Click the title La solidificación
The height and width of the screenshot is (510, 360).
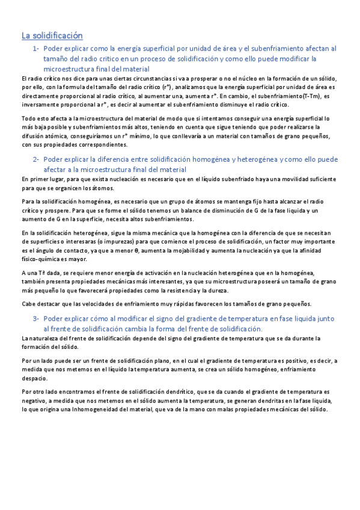pyautogui.click(x=52, y=35)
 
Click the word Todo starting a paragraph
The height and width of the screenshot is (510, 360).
pyautogui.click(x=28, y=119)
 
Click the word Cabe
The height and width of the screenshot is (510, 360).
pyautogui.click(x=28, y=303)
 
